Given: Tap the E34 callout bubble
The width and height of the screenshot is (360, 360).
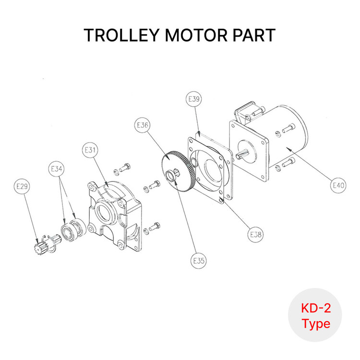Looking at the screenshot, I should click(57, 169).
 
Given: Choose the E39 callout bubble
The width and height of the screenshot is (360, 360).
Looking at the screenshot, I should click(193, 100).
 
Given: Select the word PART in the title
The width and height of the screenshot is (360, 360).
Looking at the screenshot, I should click(255, 36).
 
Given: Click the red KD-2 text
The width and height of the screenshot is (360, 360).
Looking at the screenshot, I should click(315, 308).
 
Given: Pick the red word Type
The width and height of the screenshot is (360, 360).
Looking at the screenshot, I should click(316, 324).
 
